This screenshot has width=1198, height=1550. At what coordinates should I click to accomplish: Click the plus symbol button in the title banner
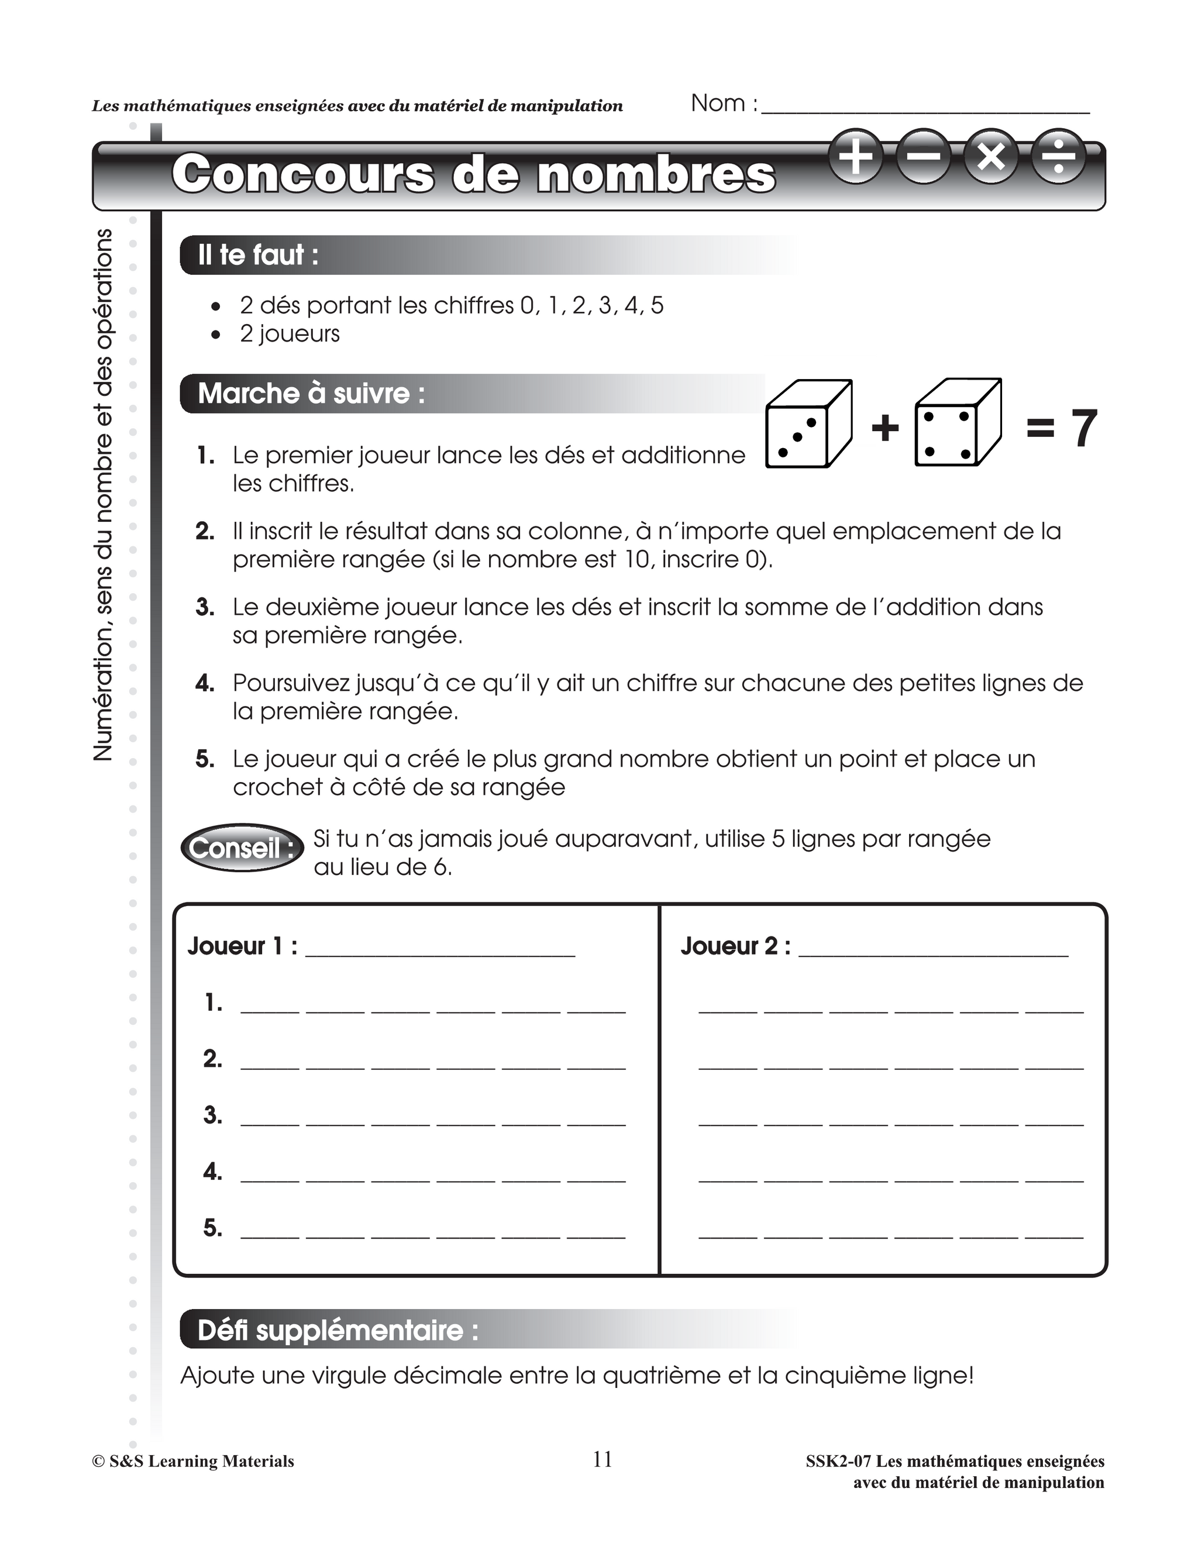pos(856,157)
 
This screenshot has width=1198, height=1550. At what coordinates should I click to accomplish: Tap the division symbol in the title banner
pos(1058,157)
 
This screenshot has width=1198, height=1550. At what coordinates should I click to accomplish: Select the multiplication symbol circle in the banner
pos(992,157)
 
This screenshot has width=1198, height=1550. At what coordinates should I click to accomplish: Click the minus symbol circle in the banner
pos(923,157)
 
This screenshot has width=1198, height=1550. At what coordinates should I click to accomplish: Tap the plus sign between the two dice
pos(884,428)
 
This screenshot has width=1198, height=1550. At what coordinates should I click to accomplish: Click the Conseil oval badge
pos(242,848)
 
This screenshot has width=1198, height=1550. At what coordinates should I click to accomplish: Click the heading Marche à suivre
pos(311,393)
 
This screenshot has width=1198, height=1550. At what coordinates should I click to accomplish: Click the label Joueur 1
pos(242,946)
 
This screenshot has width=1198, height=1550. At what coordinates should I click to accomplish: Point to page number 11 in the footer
pos(602,1459)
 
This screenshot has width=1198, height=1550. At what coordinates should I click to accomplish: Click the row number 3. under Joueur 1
pos(212,1115)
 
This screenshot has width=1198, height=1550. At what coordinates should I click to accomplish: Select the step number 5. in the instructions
pos(205,759)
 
